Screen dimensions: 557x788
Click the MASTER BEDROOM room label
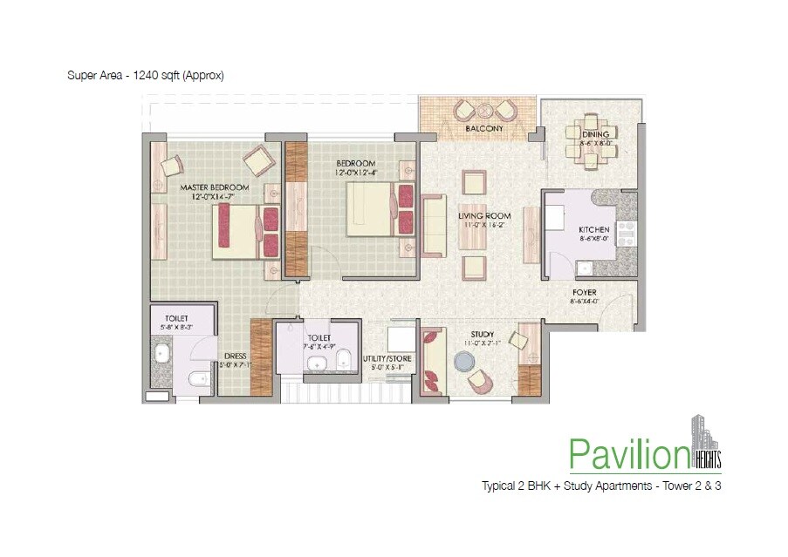pos(214,187)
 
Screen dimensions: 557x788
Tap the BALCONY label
pos(483,129)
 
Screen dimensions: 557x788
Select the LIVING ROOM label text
pos(484,216)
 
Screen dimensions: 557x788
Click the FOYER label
pos(584,293)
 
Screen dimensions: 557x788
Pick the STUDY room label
pos(482,335)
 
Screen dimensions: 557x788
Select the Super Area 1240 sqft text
pos(146,75)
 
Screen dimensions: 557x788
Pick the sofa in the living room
pos(433,224)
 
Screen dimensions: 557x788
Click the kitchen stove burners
pos(627,231)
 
